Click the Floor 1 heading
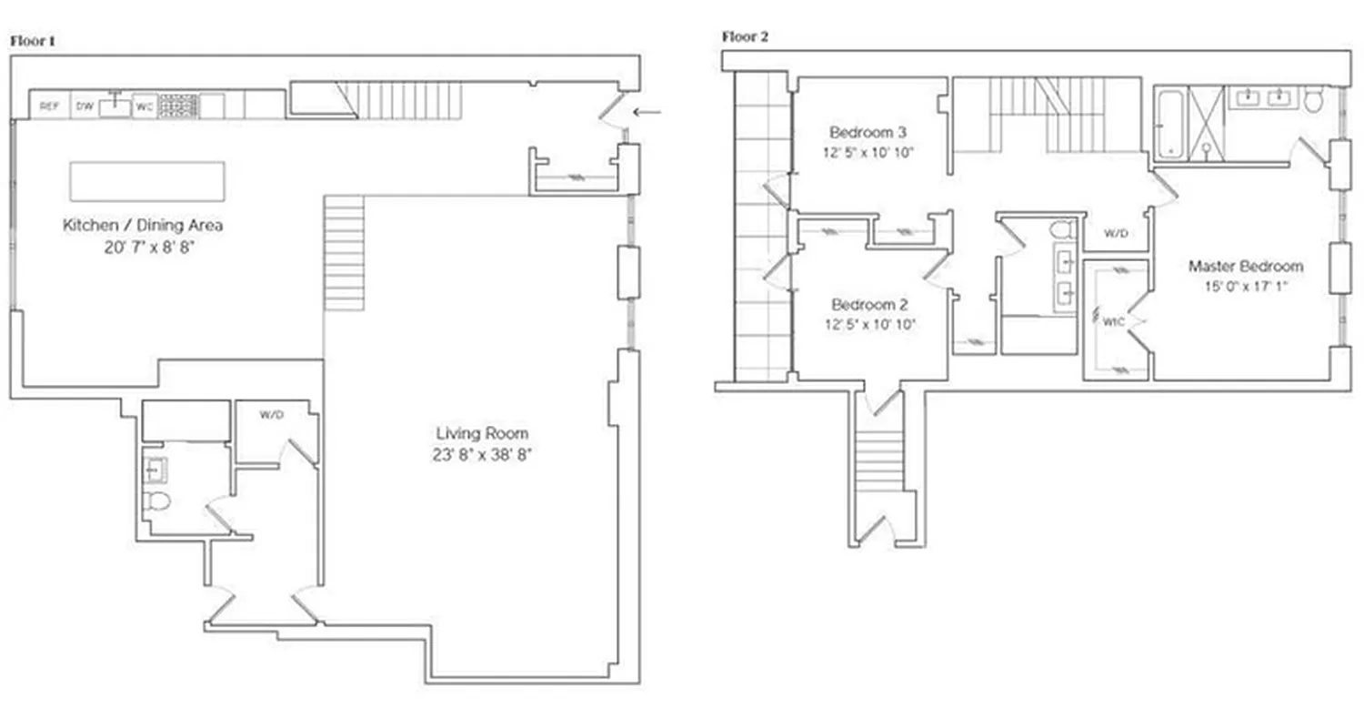point(33,41)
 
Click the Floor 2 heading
point(746,36)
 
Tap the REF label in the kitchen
point(49,106)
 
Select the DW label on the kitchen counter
point(84,106)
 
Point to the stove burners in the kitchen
point(178,106)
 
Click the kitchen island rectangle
point(147,181)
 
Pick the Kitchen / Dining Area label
point(142,225)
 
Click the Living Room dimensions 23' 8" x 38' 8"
point(481,454)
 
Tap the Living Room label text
point(481,433)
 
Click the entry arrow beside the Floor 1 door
point(647,112)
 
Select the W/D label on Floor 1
point(271,415)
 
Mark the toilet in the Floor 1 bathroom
point(158,500)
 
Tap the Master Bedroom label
point(1245,267)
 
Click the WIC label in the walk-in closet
point(1113,321)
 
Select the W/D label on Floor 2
point(1116,233)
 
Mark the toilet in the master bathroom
point(1312,100)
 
